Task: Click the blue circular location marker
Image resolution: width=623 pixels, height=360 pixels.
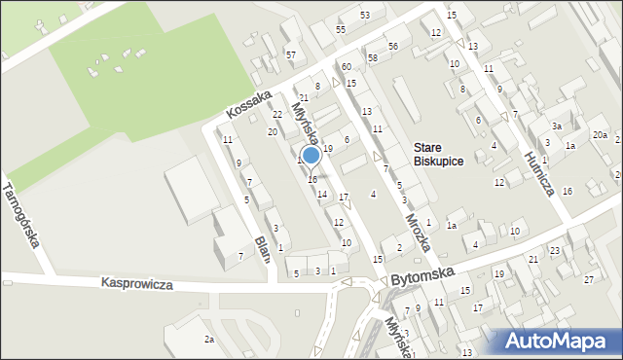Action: click(311, 156)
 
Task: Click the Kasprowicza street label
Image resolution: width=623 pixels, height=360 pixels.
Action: click(136, 284)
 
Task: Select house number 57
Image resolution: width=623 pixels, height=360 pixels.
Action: click(291, 54)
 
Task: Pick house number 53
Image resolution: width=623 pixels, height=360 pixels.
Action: click(365, 16)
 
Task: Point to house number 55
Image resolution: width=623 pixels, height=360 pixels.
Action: click(341, 30)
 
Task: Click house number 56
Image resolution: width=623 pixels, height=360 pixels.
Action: click(393, 47)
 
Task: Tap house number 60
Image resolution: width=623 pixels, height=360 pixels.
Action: click(346, 66)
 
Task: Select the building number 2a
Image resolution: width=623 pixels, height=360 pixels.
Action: click(208, 339)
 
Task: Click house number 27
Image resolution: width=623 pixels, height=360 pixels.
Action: click(588, 280)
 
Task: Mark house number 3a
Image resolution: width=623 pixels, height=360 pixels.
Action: click(557, 126)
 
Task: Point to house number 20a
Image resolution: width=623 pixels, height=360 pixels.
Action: click(600, 135)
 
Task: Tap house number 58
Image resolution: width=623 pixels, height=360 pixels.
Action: click(373, 59)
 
